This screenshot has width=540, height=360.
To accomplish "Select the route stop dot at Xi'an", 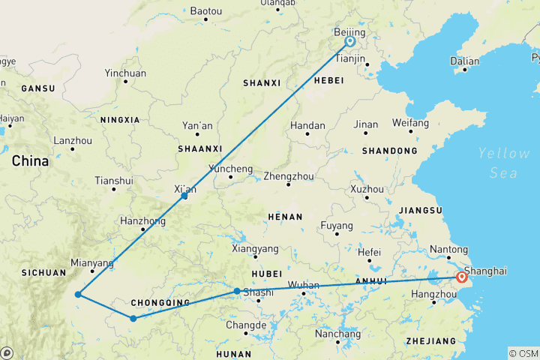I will point(184,196).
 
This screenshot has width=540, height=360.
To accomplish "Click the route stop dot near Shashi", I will point(237,291).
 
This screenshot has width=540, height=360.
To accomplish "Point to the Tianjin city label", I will point(349,58).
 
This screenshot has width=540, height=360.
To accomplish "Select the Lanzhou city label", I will point(73,140).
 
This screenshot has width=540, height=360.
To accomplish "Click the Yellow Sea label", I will point(504,163).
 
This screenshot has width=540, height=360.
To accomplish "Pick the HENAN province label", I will point(286,217).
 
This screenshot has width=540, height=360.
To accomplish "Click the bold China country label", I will point(30,161).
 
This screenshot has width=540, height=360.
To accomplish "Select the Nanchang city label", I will point(337,334).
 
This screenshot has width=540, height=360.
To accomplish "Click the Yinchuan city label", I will point(125,73).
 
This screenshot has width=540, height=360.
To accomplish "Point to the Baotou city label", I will point(207,11).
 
